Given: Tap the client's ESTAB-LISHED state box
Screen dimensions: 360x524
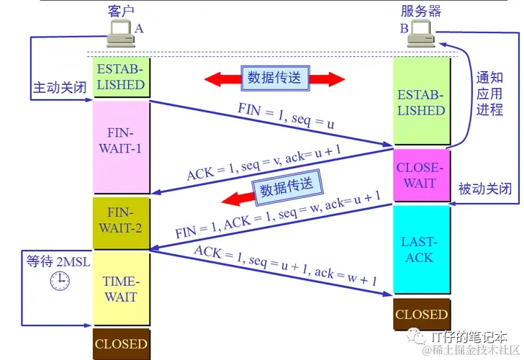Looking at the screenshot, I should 120,77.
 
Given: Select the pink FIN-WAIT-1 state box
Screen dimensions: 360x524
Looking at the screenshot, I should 120,148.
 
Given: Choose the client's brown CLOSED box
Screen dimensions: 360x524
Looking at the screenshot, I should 120,343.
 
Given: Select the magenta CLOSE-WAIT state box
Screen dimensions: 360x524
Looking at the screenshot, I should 420,176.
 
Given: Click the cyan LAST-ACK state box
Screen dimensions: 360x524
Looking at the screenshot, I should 420,248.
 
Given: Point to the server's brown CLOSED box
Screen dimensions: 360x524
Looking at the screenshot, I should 421,315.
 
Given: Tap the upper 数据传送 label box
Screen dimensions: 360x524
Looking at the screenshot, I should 274,78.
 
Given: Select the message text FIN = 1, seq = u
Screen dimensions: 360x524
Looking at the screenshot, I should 286,115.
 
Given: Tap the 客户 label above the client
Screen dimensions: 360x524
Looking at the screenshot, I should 120,11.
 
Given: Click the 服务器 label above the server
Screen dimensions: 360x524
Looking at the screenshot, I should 421,11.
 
